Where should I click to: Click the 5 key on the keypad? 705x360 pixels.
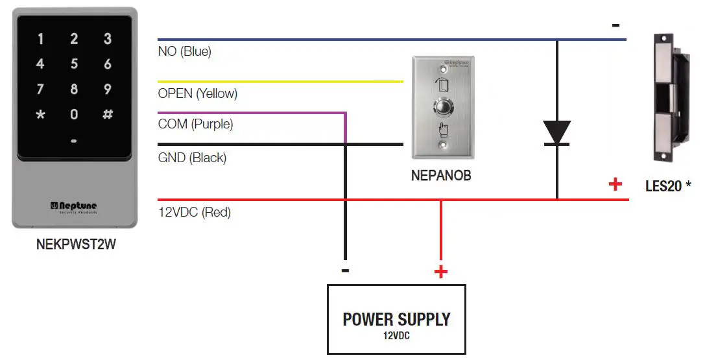click(x=74, y=64)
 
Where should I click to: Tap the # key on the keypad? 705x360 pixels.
click(x=108, y=114)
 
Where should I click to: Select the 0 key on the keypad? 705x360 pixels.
click(x=74, y=114)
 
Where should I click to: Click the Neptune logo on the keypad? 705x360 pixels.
click(x=74, y=206)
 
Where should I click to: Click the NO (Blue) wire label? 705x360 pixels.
click(x=185, y=51)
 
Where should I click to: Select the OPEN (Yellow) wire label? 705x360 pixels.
click(x=198, y=93)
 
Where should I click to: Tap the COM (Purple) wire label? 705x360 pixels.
click(x=195, y=124)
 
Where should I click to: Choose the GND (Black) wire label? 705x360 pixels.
click(x=193, y=158)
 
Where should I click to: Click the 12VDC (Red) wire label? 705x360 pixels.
click(x=195, y=212)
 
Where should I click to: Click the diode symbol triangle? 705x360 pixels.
click(x=556, y=132)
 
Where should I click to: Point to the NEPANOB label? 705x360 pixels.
click(x=441, y=175)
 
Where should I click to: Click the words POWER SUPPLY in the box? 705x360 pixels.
click(x=396, y=319)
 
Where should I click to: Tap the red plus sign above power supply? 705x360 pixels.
click(x=441, y=272)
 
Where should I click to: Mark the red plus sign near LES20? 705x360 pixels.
click(x=615, y=184)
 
